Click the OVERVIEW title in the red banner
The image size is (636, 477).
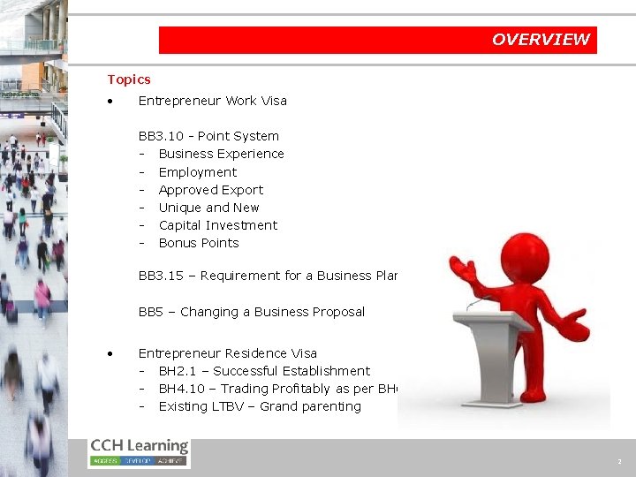[540, 40]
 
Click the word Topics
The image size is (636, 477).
[129, 79]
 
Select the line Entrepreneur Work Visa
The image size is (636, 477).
[212, 101]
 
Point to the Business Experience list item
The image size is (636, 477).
[221, 154]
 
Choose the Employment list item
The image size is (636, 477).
[198, 172]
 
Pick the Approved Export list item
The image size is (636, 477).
[210, 190]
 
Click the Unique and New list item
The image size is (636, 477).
[208, 208]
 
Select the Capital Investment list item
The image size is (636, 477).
[217, 225]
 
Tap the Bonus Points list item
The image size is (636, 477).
[199, 243]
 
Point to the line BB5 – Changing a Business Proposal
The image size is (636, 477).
[251, 312]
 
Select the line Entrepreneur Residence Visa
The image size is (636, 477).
[227, 353]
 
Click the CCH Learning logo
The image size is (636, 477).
[139, 451]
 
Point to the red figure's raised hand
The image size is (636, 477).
[463, 268]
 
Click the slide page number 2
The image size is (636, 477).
[619, 462]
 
